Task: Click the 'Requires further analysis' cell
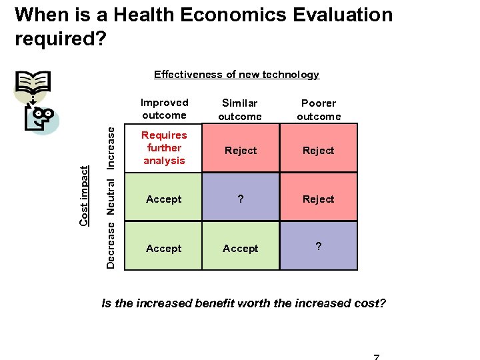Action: point(164,148)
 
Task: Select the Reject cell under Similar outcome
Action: point(241,151)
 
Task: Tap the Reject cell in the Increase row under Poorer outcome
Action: point(319,151)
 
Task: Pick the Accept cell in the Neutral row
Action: point(164,199)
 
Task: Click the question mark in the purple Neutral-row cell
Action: point(241,199)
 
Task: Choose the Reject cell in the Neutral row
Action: point(319,199)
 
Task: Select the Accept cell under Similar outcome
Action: point(241,249)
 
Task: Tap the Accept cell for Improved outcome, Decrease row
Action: point(164,249)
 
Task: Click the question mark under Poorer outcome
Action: point(319,247)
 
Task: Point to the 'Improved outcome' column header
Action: point(164,109)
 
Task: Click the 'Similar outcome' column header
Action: point(240,109)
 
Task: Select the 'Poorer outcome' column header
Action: point(319,109)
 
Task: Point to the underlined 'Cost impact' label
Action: point(84,195)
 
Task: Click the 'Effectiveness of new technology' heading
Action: point(237,75)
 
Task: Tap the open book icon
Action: point(33,85)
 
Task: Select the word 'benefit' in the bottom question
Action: point(219,303)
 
